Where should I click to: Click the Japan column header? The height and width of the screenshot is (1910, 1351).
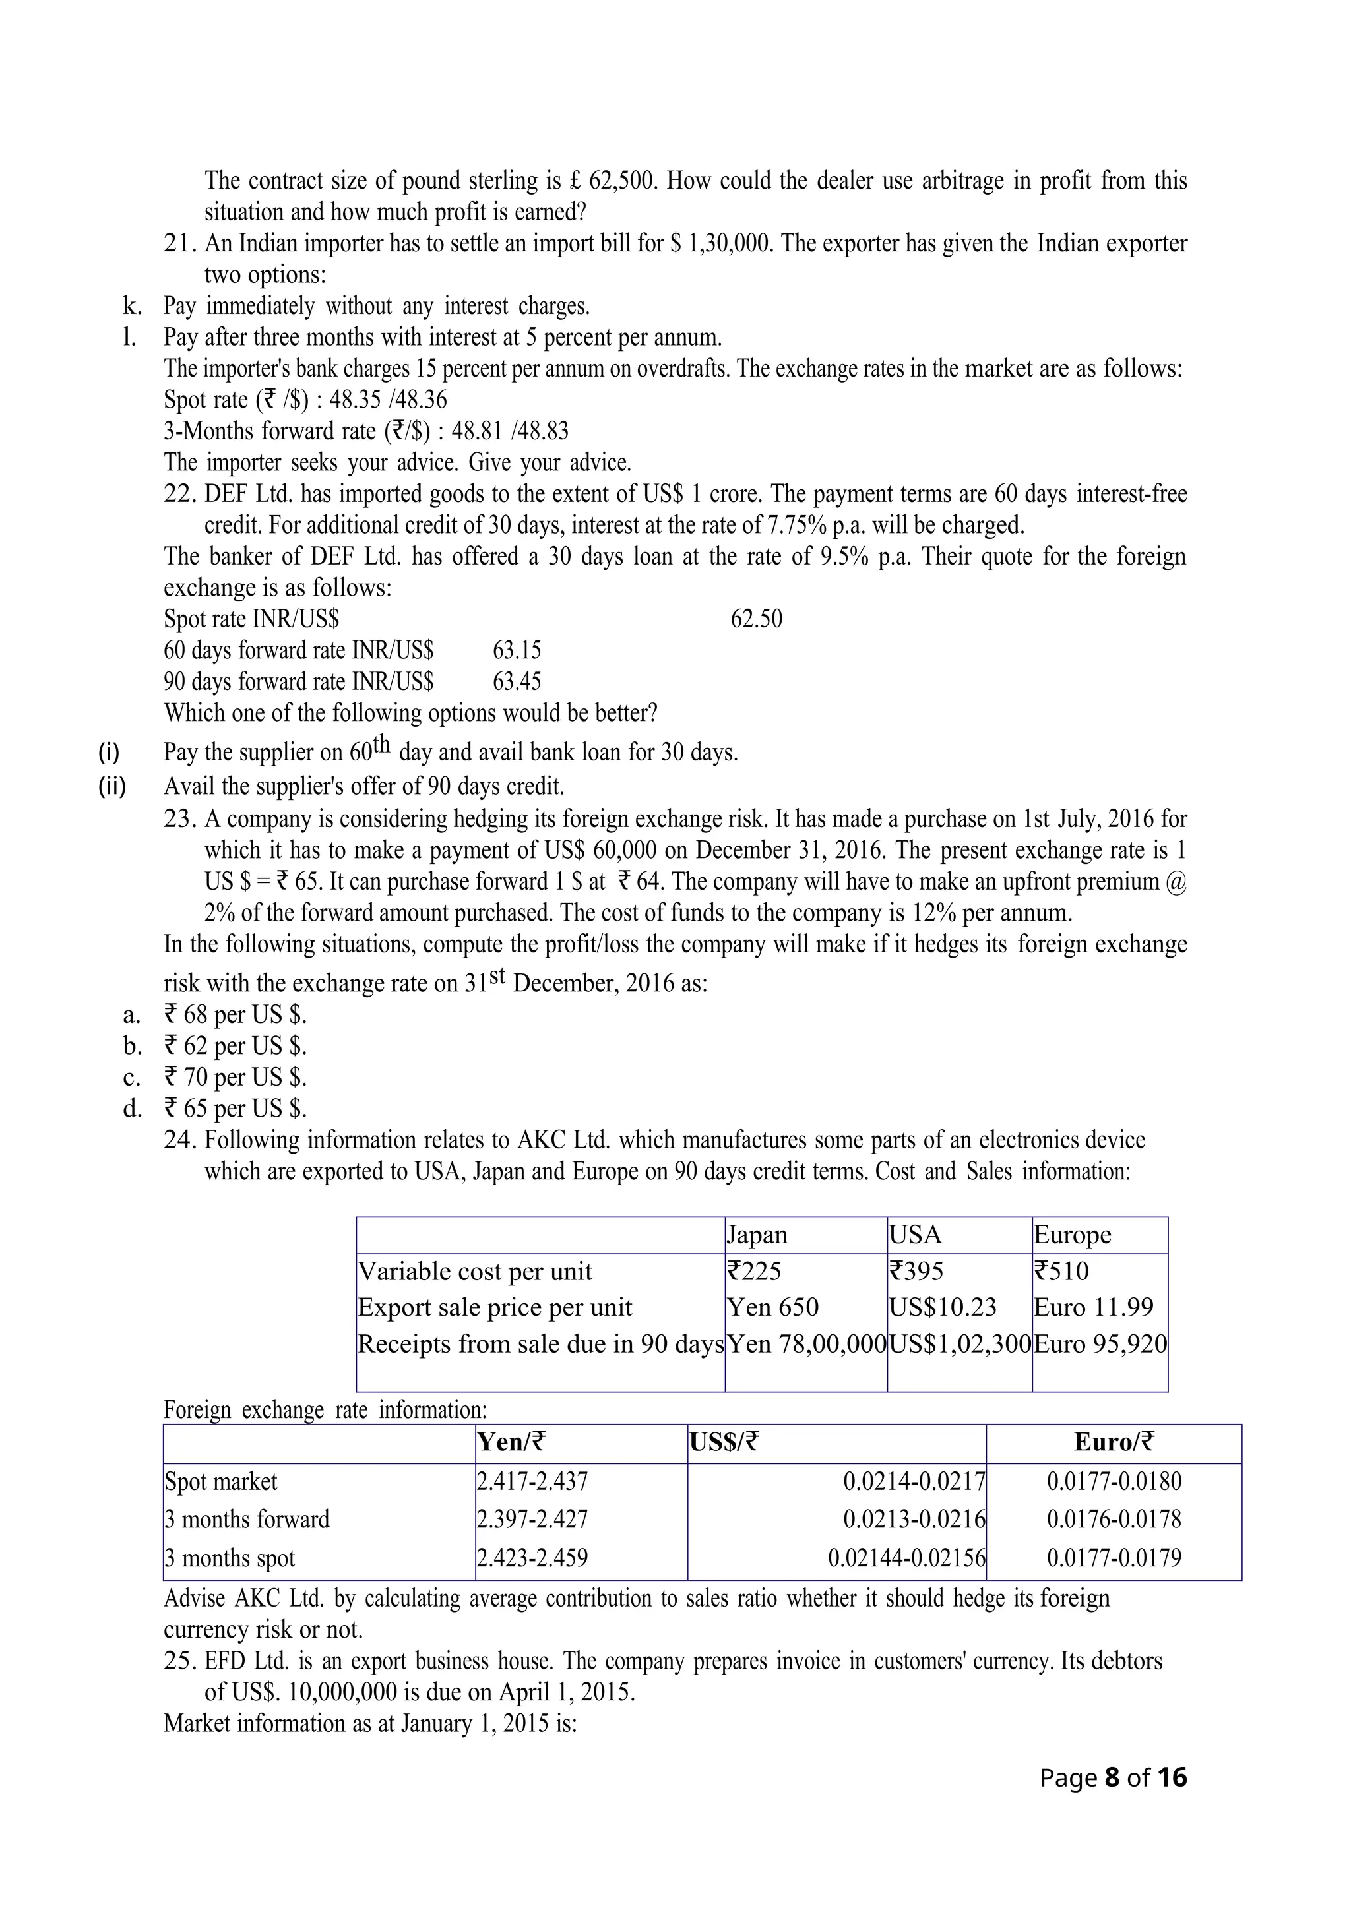click(757, 1235)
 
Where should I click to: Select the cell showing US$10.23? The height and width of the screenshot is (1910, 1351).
click(943, 1307)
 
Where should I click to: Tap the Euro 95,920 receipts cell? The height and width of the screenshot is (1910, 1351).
click(1100, 1343)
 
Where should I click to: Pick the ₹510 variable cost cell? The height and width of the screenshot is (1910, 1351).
click(1061, 1271)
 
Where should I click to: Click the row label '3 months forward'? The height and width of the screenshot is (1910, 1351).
click(247, 1519)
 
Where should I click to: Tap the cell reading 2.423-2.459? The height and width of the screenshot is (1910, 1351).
click(532, 1558)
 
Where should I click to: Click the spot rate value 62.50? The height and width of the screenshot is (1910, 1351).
click(756, 619)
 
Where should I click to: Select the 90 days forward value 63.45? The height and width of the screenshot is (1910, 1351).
click(517, 681)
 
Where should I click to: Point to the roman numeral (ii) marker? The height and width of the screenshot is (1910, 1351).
click(112, 786)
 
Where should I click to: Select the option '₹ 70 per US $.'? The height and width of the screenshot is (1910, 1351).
click(236, 1077)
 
